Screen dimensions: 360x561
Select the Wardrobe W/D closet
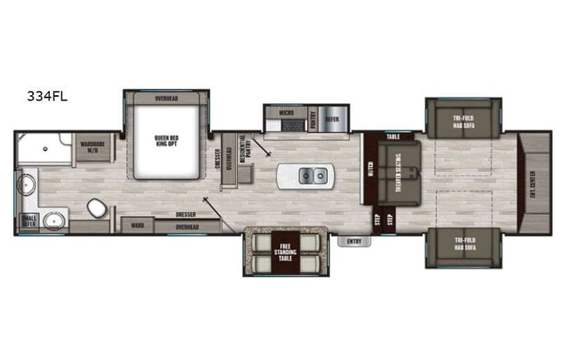tap(93, 147)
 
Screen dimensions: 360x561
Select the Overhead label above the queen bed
tap(167, 98)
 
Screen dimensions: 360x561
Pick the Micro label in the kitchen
tap(285, 113)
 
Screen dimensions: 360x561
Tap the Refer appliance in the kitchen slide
tap(332, 119)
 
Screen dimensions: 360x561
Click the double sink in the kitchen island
tap(312, 177)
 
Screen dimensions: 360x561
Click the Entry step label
tap(354, 241)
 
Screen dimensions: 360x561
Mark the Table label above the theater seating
tap(393, 137)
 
